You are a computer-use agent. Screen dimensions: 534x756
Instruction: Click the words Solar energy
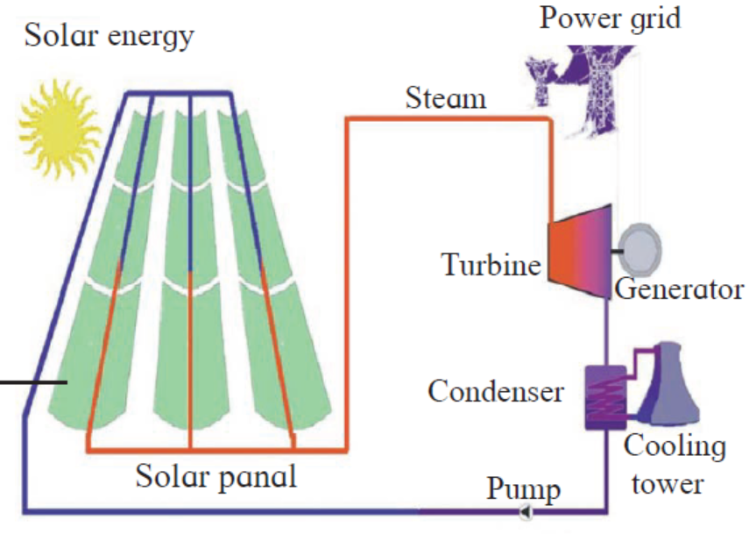(x=109, y=36)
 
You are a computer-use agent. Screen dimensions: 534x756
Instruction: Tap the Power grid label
(x=610, y=17)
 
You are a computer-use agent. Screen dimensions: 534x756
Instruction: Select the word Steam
(x=445, y=97)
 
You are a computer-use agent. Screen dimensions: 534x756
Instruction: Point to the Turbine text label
(x=491, y=264)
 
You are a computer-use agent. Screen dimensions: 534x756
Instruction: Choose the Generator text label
(x=679, y=288)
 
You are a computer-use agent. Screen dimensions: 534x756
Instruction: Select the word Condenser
(x=496, y=390)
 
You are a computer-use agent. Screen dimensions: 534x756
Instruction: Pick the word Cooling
(x=675, y=446)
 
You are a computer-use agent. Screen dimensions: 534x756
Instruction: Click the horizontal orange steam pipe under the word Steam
(x=447, y=118)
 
